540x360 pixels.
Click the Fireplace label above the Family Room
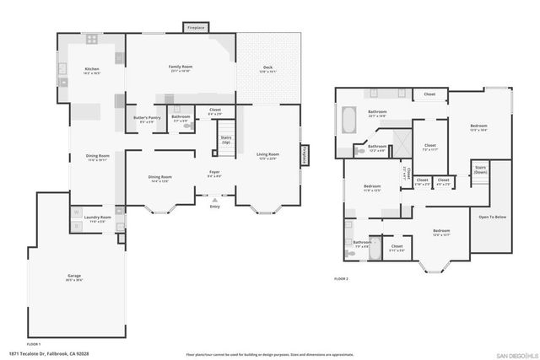tap(196, 28)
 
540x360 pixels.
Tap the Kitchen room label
tap(92, 71)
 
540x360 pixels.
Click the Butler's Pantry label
tap(148, 119)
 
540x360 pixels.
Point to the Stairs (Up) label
tap(225, 139)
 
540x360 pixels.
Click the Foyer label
tap(214, 174)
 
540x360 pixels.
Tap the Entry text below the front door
tap(214, 205)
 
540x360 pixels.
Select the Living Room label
tap(268, 156)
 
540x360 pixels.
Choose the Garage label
tap(75, 277)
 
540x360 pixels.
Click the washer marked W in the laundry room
tap(77, 212)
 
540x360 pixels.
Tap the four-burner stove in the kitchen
tap(90, 40)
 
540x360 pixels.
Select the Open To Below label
tap(492, 217)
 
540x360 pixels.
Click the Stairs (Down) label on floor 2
tap(480, 169)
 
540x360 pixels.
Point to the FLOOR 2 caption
tap(341, 277)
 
